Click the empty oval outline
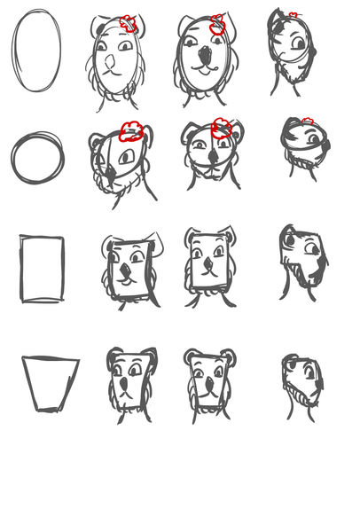click(x=37, y=51)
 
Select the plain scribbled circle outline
click(x=37, y=159)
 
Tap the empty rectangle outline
click(x=42, y=268)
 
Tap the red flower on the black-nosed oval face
click(x=218, y=26)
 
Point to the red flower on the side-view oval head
click(x=293, y=15)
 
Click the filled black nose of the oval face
click(x=206, y=58)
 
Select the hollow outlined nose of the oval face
click(x=109, y=63)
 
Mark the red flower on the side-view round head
click(x=308, y=121)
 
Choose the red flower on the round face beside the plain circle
click(x=131, y=132)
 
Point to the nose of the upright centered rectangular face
click(x=208, y=263)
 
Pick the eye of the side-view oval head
click(x=300, y=43)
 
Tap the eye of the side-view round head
click(x=314, y=139)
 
